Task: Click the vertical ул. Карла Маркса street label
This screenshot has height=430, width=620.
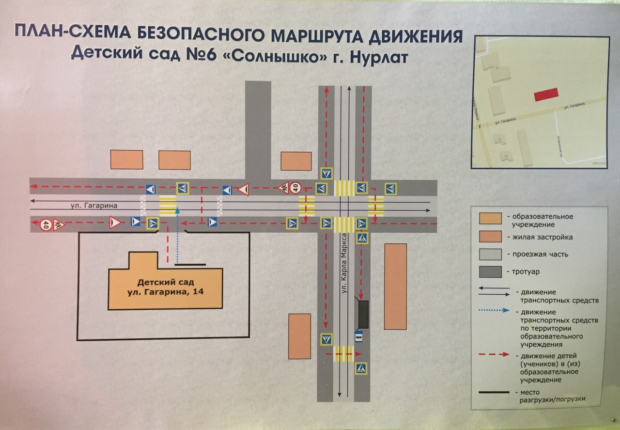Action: (x=344, y=262)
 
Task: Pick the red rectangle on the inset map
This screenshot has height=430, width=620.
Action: (x=546, y=95)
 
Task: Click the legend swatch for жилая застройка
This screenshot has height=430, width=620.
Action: (x=490, y=237)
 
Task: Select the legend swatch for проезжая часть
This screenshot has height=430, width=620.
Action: (x=490, y=255)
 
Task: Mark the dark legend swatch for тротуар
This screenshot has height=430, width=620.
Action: (x=490, y=272)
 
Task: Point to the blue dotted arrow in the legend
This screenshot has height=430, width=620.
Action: (x=495, y=311)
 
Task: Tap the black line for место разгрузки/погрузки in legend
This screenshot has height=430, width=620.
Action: (x=494, y=392)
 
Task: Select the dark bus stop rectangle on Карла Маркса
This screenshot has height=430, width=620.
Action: (x=362, y=314)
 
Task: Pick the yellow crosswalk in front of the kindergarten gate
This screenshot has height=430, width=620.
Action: (x=168, y=206)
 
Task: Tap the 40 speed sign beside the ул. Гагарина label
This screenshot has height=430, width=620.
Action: (x=46, y=224)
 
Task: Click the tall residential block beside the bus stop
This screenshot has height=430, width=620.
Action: (x=395, y=286)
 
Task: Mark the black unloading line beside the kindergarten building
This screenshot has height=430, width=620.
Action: (x=190, y=265)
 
